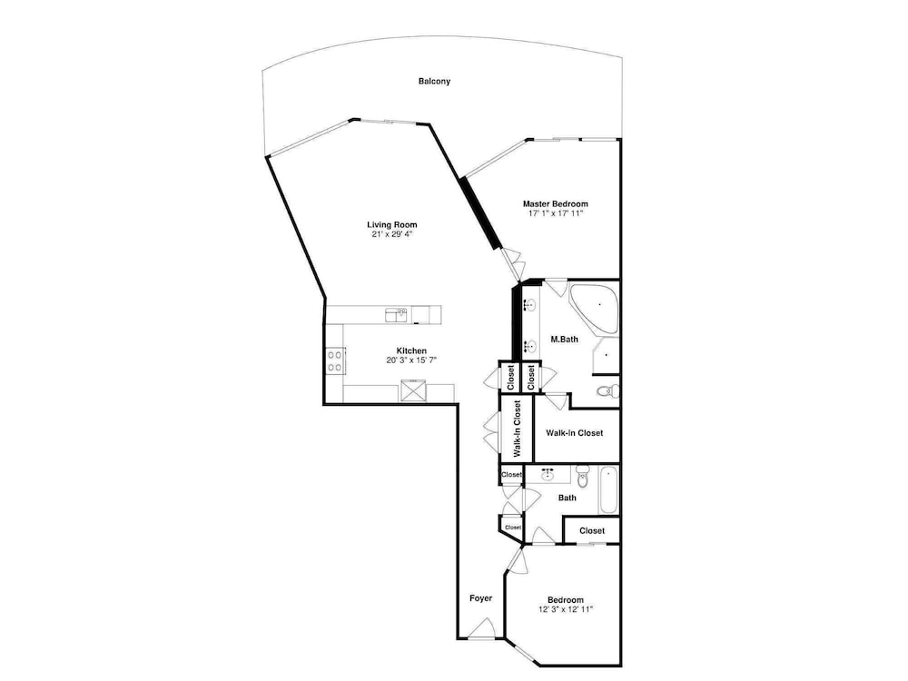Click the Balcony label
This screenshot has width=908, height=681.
coord(434,82)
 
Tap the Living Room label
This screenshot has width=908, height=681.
coord(392,224)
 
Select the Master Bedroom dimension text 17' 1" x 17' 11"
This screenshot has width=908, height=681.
coord(556,213)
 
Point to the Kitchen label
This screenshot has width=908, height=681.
coord(411,350)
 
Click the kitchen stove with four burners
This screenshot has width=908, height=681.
coord(335,360)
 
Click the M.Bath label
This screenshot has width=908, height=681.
coord(564,340)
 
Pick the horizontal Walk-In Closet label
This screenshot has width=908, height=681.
coord(575,432)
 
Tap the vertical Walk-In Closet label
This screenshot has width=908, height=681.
coord(518,429)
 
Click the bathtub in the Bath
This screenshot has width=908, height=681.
coord(608,490)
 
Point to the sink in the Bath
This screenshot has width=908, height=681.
coord(548,475)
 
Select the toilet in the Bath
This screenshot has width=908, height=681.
coord(583,477)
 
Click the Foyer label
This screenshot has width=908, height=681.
coord(480,598)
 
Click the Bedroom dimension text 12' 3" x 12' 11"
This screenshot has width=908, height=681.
coord(566,609)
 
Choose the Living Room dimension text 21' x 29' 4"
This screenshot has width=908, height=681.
coord(392,234)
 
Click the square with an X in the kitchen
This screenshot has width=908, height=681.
coord(413,390)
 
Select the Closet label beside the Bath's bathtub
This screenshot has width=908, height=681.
coord(592,530)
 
